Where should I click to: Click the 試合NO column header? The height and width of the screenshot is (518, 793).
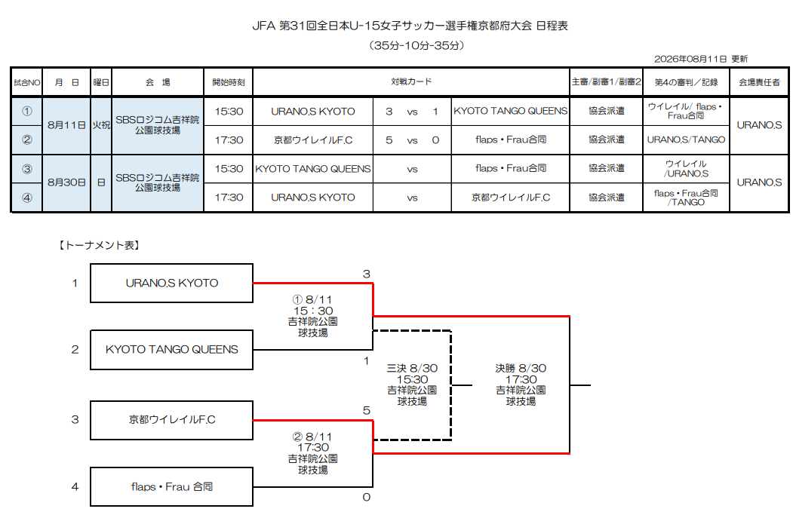pos(27,82)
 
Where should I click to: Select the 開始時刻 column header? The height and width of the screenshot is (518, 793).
pos(229,82)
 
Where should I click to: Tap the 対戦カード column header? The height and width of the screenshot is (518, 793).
pos(411,81)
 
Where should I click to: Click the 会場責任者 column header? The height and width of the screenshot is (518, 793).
pos(759,82)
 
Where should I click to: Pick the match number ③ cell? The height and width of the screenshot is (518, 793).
pos(27,169)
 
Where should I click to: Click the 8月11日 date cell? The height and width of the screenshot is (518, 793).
pos(66,125)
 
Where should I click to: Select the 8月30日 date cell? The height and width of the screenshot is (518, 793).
pos(66,182)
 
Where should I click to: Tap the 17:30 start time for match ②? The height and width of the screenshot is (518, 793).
pos(229,140)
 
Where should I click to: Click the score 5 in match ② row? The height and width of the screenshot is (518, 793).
pos(389,140)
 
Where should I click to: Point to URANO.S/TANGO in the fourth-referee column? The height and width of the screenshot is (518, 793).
pos(686,139)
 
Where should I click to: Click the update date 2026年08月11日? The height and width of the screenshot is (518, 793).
pos(690,59)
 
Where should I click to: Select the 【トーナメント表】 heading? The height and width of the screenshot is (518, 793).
pos(99,245)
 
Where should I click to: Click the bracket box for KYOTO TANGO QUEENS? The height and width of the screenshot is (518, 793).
pos(171,350)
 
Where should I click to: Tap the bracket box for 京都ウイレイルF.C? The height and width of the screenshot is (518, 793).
pos(171,420)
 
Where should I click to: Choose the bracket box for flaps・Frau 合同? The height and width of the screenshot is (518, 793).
pos(171,486)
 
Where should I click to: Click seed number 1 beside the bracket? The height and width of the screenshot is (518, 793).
pos(75,283)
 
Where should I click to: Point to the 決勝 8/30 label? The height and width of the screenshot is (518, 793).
pos(521,369)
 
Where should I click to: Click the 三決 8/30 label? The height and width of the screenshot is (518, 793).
pos(412,369)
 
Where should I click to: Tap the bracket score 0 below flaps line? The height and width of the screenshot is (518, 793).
pos(367,498)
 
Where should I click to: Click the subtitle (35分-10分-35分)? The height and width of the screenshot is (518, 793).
pos(416,45)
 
